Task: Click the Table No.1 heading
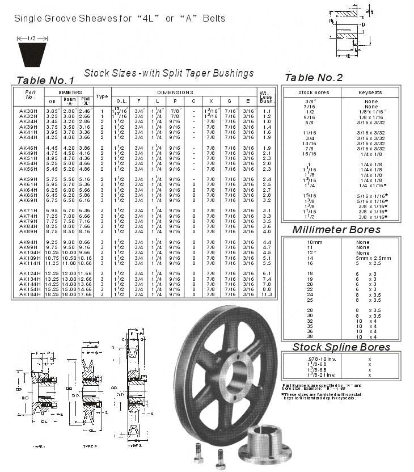(45, 80)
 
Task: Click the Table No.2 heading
(313, 78)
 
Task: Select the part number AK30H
(28, 111)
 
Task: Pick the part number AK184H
(29, 294)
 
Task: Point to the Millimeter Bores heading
(336, 230)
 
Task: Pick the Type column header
(102, 96)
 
